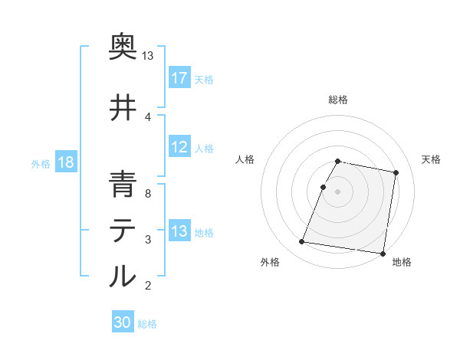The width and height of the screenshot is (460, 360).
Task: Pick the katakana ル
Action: click(x=123, y=276)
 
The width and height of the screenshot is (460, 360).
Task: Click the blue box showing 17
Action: click(x=179, y=78)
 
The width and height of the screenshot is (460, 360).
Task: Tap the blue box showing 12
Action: click(x=179, y=148)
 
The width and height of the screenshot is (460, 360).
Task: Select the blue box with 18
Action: click(x=64, y=163)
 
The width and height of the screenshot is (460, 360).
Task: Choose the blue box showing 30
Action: click(x=123, y=322)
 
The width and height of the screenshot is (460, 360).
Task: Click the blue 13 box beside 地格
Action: click(x=179, y=232)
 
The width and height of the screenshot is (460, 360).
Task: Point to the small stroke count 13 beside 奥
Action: click(x=148, y=56)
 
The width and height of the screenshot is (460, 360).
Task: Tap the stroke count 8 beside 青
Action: click(x=148, y=194)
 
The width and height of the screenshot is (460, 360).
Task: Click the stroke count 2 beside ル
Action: click(x=148, y=286)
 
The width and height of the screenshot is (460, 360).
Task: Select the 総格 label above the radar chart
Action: click(x=338, y=100)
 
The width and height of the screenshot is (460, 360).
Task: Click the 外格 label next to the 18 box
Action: click(x=40, y=164)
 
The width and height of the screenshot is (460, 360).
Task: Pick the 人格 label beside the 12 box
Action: click(x=204, y=149)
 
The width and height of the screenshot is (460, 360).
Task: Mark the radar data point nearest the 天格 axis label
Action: click(x=396, y=173)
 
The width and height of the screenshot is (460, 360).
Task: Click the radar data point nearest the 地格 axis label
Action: click(x=382, y=253)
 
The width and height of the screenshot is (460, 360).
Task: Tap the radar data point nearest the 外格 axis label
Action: click(x=302, y=242)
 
